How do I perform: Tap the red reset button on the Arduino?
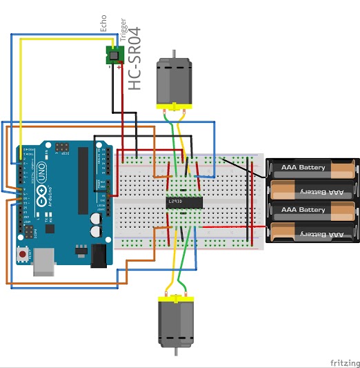click(24, 255)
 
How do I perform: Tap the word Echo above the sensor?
click(104, 24)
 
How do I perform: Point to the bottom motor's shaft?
click(176, 351)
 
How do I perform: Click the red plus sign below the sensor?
click(119, 67)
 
